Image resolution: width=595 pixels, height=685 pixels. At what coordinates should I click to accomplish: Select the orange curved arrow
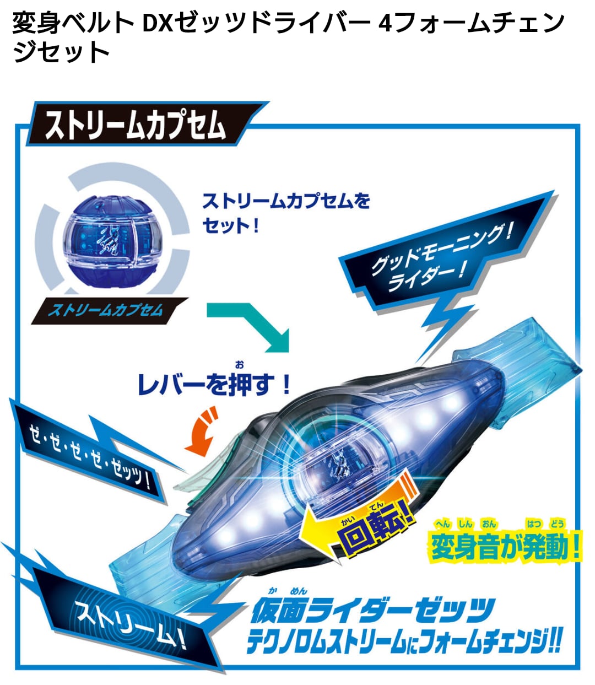click(201, 431)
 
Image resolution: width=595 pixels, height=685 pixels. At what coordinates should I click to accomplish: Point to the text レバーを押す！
click(214, 384)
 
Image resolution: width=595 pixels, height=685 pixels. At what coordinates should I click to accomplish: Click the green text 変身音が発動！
click(505, 548)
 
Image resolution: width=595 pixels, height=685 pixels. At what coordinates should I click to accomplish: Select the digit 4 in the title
click(386, 24)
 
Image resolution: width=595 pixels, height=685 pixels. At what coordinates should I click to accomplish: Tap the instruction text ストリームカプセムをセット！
click(286, 213)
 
